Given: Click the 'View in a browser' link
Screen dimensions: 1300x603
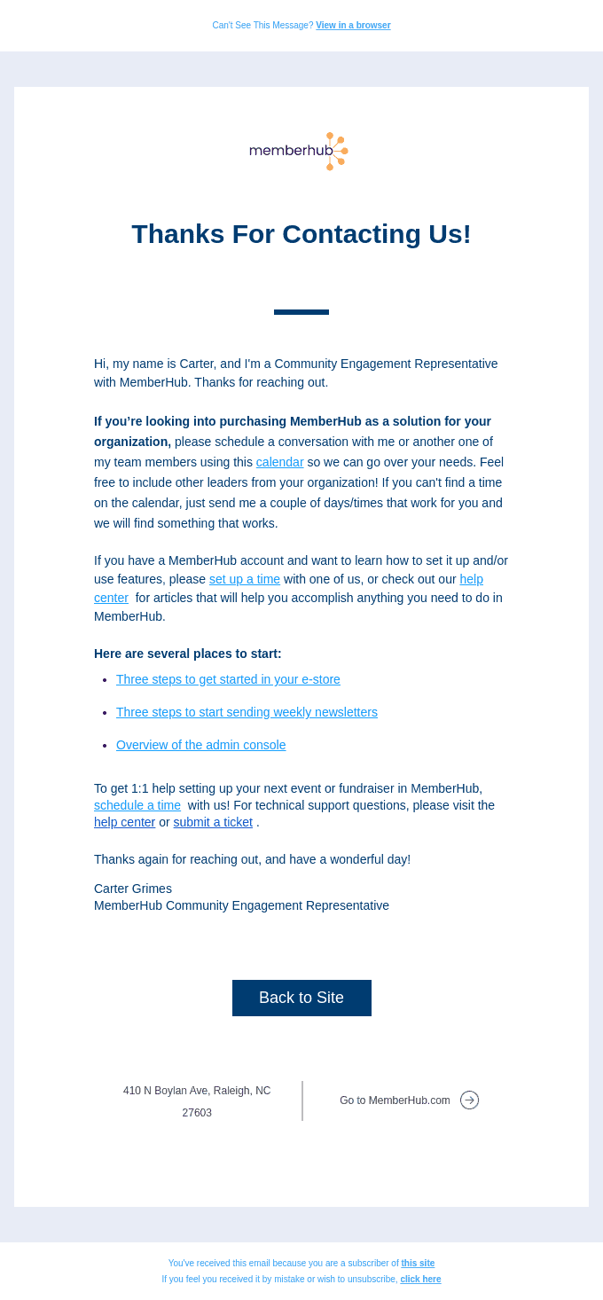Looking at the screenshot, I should pyautogui.click(x=353, y=26).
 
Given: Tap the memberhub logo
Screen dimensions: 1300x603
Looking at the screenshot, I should pyautogui.click(x=299, y=151).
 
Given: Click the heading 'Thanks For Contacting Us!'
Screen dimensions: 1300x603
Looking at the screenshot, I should pyautogui.click(x=301, y=234).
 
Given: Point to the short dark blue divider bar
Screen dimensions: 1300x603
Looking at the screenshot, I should pyautogui.click(x=301, y=312).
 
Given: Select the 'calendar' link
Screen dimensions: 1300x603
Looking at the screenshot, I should pyautogui.click(x=279, y=462).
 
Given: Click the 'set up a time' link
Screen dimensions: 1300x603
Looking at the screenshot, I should pyautogui.click(x=245, y=579).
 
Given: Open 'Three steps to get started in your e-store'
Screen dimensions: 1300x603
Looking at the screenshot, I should pyautogui.click(x=228, y=679).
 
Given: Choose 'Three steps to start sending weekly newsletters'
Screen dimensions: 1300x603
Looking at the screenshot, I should pyautogui.click(x=247, y=712).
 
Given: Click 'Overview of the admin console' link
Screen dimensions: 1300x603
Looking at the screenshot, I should pyautogui.click(x=200, y=745).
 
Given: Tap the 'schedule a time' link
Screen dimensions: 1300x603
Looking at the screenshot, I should pyautogui.click(x=137, y=805).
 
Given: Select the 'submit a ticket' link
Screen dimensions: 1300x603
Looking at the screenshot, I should pyautogui.click(x=213, y=822).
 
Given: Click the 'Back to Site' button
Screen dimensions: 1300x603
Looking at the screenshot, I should pyautogui.click(x=301, y=998).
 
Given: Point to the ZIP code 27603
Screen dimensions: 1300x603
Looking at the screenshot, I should pyautogui.click(x=197, y=1113).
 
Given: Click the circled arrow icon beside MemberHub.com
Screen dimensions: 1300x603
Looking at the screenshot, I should pyautogui.click(x=469, y=1100).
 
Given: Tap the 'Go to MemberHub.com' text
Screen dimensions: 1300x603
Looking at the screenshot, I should pyautogui.click(x=395, y=1100).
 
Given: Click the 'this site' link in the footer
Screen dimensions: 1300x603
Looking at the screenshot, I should pyautogui.click(x=418, y=1264).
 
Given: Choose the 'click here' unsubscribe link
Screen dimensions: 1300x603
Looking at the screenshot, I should pyautogui.click(x=420, y=1280).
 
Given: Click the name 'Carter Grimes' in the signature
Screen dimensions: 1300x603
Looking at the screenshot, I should pyautogui.click(x=133, y=889).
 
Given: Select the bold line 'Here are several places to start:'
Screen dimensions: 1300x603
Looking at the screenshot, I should pyautogui.click(x=188, y=654).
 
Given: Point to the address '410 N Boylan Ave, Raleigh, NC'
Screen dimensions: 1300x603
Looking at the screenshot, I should pyautogui.click(x=197, y=1091).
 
